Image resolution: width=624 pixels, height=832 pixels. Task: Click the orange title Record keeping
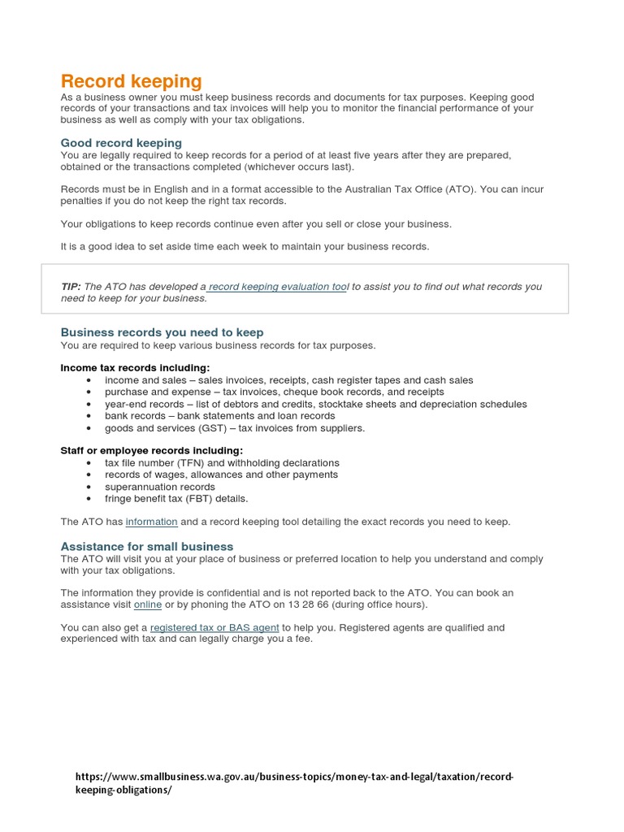(131, 81)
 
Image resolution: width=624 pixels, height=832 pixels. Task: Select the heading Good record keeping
(121, 143)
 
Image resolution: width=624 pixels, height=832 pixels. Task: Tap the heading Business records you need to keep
(162, 332)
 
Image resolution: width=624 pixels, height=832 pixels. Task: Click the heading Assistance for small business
(147, 547)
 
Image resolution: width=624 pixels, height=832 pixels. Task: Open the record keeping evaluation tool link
(279, 287)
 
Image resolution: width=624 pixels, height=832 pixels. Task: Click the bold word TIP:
(71, 287)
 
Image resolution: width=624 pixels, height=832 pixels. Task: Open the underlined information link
(151, 522)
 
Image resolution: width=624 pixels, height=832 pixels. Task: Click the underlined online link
(148, 604)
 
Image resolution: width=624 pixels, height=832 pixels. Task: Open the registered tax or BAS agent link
(214, 628)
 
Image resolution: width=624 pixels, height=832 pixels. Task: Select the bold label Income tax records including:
(135, 368)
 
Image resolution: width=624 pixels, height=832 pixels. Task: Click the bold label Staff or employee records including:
(152, 451)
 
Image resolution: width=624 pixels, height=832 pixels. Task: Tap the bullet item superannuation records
(159, 487)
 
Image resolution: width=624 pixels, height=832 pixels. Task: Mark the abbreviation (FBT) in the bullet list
(201, 499)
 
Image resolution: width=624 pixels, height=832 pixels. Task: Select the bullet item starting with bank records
(219, 416)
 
